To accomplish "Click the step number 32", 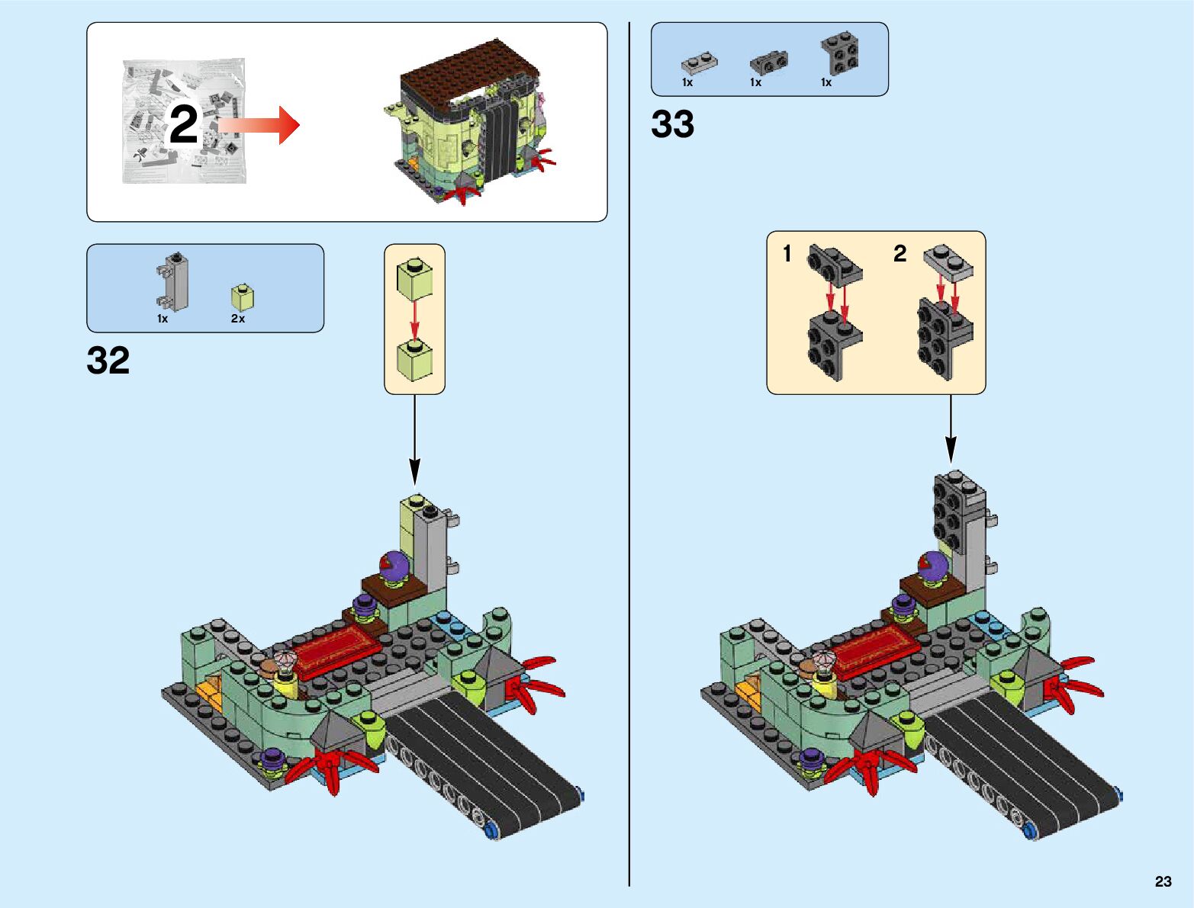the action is (108, 361).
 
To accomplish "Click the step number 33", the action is (672, 124).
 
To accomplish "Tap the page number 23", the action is (1163, 881).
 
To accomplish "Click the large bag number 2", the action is (183, 125).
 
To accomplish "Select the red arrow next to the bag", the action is (259, 124).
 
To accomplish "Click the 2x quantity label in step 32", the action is (238, 319).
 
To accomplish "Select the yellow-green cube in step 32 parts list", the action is (243, 296).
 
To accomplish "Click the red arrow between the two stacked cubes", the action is (414, 320).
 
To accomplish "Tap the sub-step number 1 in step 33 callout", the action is (788, 254).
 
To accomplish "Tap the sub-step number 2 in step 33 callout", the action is (900, 254).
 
